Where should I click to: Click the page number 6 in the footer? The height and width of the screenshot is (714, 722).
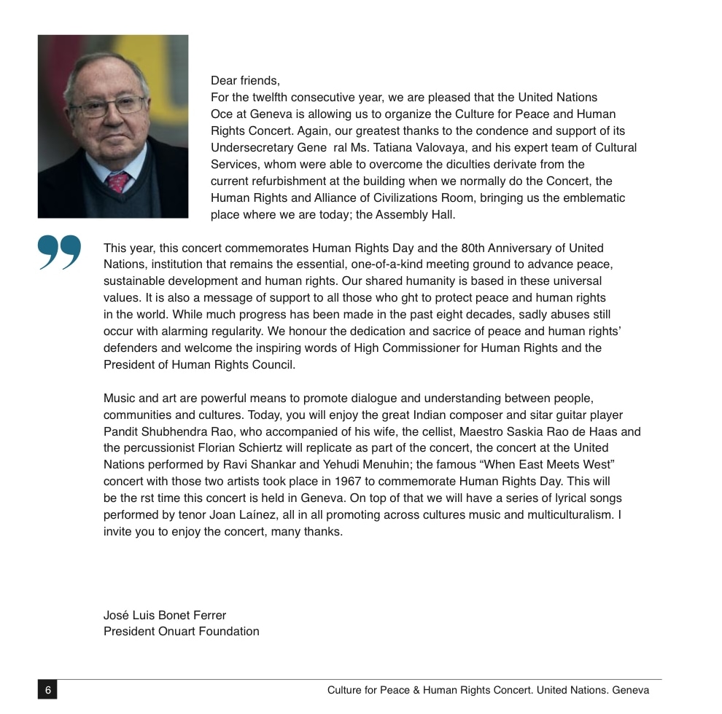click(x=47, y=690)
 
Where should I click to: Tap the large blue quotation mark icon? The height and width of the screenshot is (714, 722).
click(x=60, y=253)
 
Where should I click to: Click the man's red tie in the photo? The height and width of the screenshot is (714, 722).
click(x=117, y=181)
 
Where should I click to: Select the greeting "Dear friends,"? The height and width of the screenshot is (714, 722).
click(x=245, y=81)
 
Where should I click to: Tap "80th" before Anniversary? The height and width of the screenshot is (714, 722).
click(x=475, y=248)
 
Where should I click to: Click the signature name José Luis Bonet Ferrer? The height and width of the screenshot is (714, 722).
click(x=165, y=616)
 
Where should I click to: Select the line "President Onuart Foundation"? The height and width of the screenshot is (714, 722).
click(x=182, y=632)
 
